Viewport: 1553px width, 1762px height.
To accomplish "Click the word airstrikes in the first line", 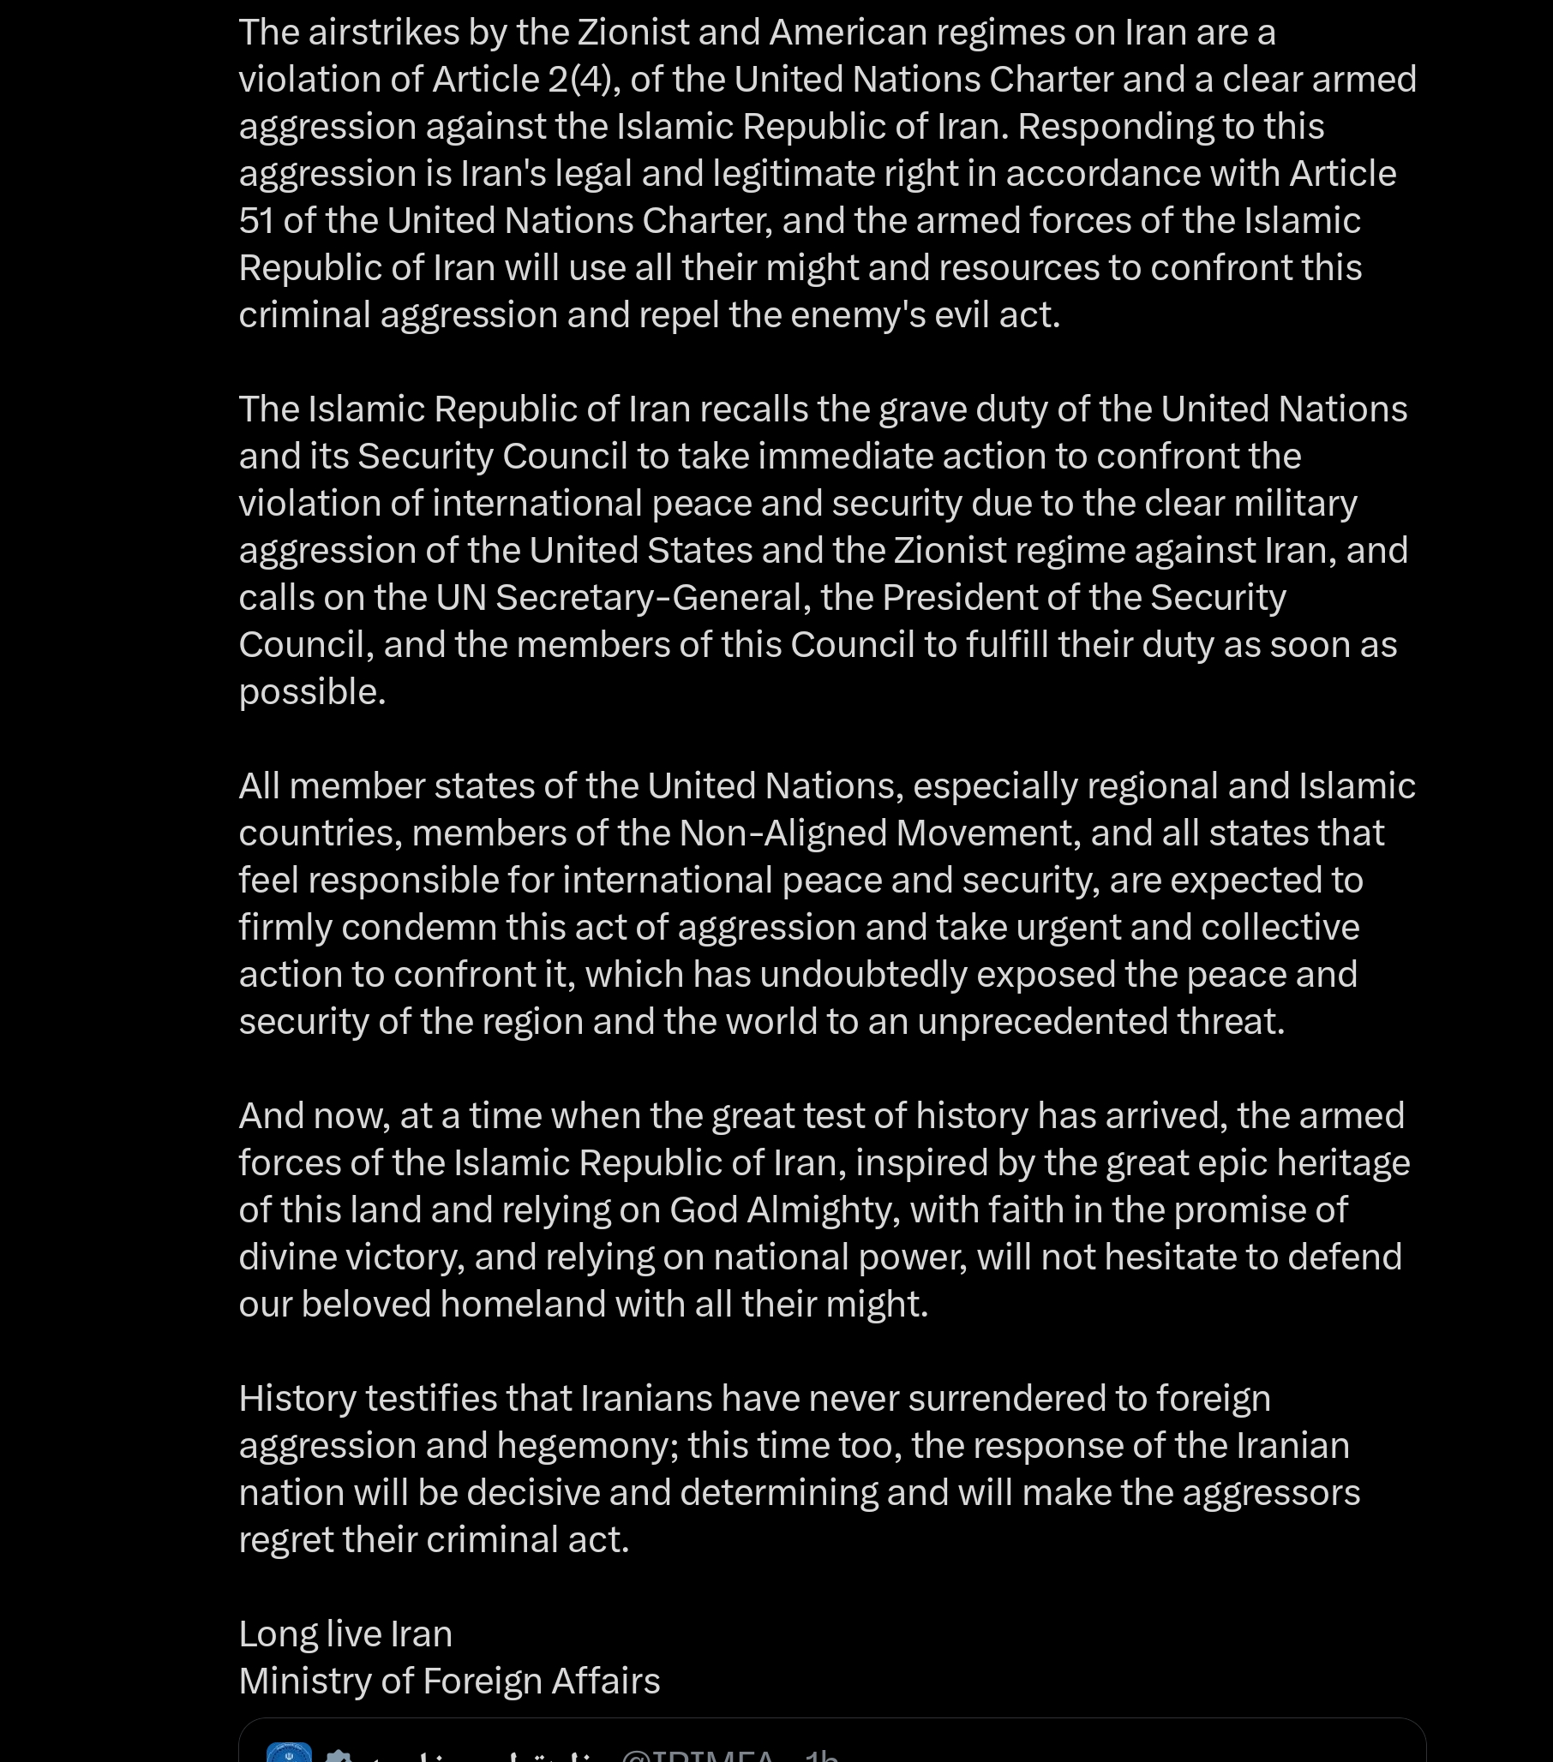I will click(x=383, y=33).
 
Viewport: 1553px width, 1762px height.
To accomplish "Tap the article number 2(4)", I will click(x=579, y=81).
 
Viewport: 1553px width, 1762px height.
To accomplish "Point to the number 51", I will click(x=256, y=222).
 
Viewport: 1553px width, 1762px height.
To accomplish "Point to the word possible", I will click(x=311, y=692).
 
